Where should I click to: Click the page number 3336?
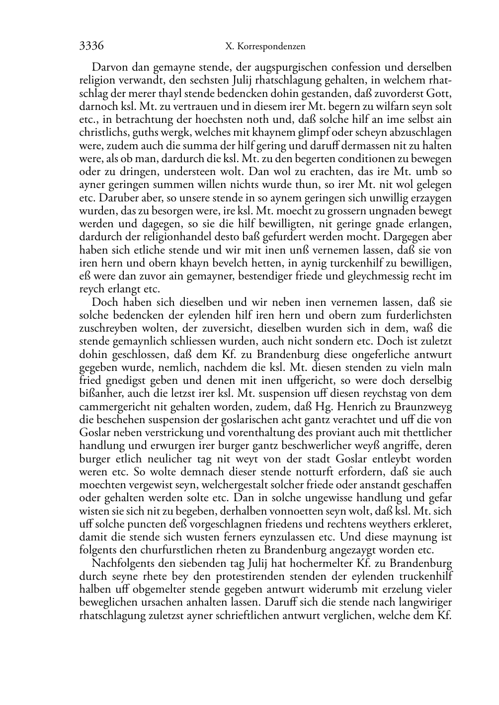pos(91,46)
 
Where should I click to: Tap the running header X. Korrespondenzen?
pos(265,47)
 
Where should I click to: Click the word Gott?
pos(441,93)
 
